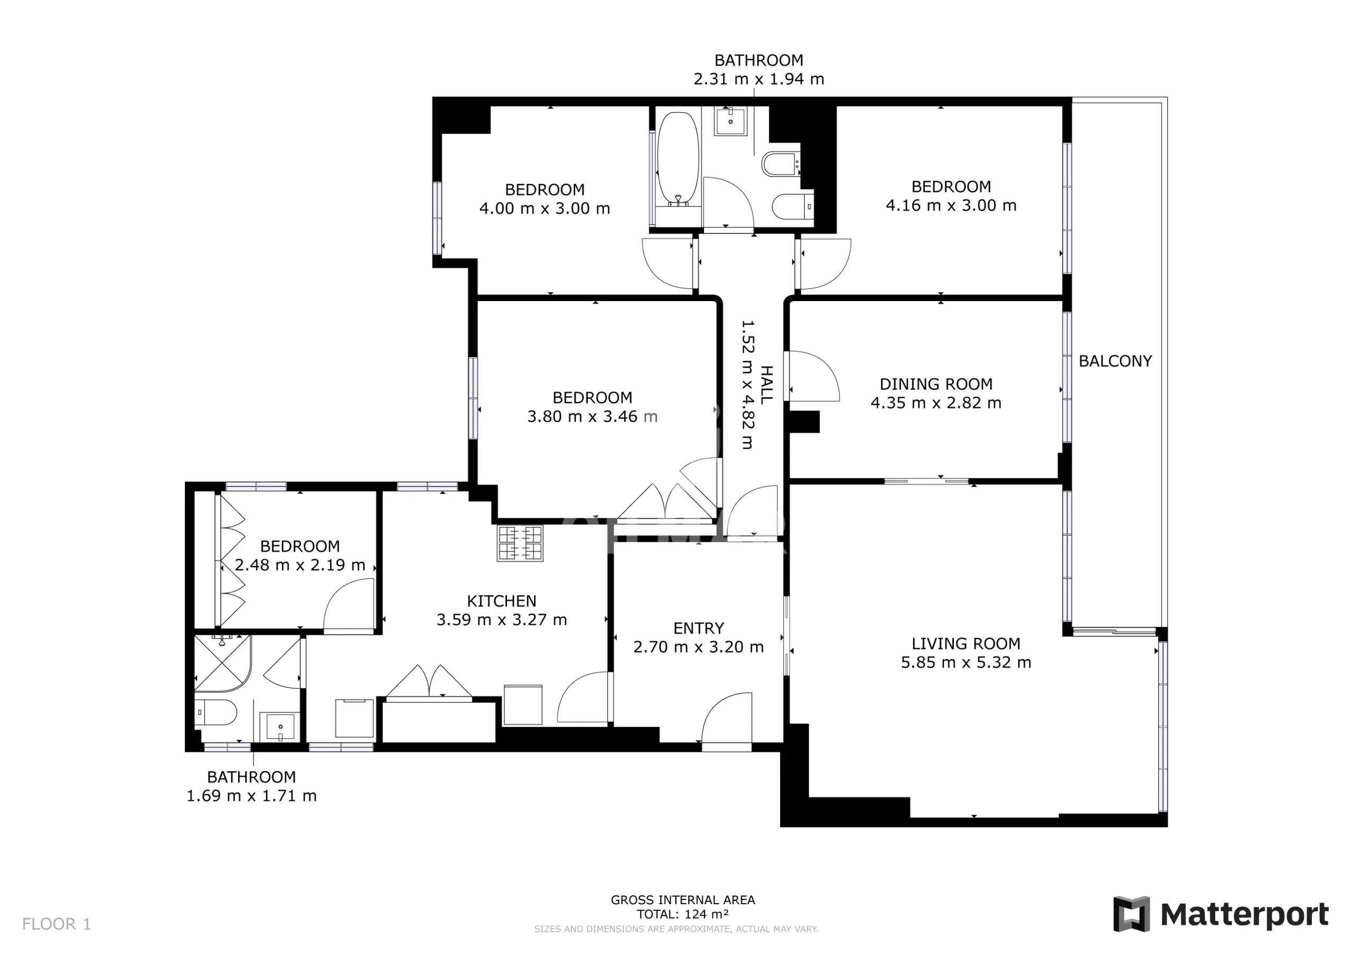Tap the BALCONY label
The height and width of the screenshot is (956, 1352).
pos(1115,361)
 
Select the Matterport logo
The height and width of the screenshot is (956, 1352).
pos(1220,914)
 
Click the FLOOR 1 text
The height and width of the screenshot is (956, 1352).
pos(57,924)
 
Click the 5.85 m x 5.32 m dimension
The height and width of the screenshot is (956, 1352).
pos(966,663)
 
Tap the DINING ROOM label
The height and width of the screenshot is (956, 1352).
pos(936,384)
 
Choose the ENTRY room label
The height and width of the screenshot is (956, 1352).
pos(698,628)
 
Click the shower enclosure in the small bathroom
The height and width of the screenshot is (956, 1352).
pos(222,663)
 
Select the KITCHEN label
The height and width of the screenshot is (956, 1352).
pos(501,601)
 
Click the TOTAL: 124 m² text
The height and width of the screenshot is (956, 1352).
pos(682,914)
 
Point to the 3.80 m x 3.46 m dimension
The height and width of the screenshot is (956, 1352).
pos(592,416)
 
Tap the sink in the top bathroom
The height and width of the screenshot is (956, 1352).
pos(730,121)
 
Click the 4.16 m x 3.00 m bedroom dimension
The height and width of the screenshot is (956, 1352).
pos(951,205)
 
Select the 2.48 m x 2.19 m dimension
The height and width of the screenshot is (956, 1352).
pos(300,565)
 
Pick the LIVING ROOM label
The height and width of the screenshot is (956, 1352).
pos(966,644)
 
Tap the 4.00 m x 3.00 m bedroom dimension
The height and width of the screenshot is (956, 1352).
pos(544,209)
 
